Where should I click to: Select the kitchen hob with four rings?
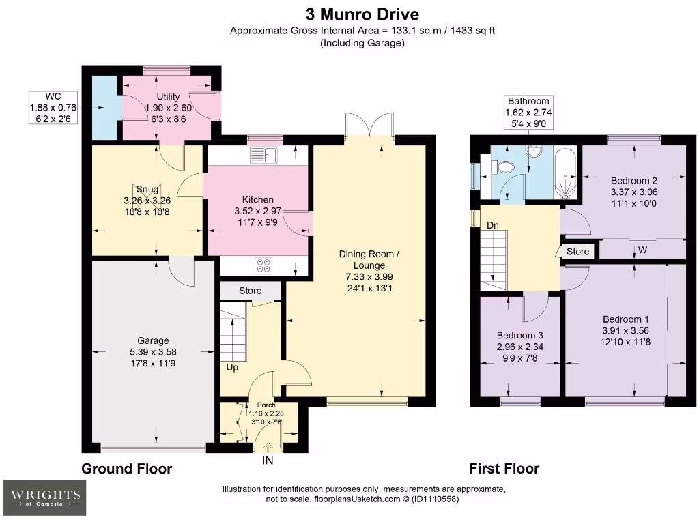click(264, 265)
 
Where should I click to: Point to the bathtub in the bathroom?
click(567, 174)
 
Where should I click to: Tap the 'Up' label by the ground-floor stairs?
click(233, 367)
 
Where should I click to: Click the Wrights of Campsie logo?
click(45, 497)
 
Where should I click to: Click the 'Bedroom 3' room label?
click(520, 335)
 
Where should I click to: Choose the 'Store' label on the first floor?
click(577, 252)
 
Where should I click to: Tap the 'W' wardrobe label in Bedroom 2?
click(642, 250)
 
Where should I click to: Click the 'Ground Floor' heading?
click(127, 469)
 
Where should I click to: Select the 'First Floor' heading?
click(504, 469)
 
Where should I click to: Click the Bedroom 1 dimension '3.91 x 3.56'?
click(625, 330)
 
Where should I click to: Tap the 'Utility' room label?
click(168, 97)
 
